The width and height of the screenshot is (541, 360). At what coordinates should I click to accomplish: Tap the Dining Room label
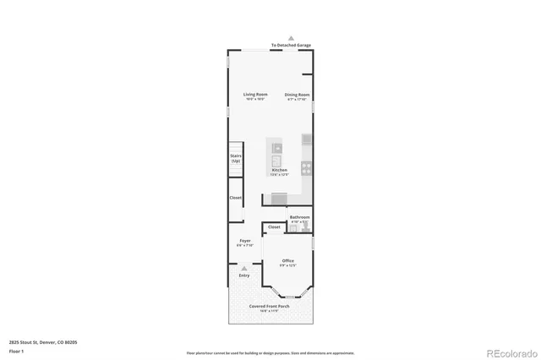[x=297, y=94]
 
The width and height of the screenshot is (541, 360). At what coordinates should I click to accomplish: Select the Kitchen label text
[x=279, y=170]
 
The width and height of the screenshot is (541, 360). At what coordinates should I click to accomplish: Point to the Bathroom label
[x=300, y=217]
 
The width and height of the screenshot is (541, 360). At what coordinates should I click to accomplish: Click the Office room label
[x=287, y=260]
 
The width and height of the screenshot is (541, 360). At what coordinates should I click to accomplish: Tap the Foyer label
[x=244, y=241]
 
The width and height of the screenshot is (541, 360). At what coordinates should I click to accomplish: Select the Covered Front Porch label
[x=270, y=306]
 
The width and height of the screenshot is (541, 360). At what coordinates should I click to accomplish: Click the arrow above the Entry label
[x=244, y=268]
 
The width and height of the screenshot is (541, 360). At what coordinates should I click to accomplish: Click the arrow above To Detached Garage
[x=291, y=38]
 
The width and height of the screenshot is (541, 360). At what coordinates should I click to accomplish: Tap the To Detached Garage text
[x=291, y=46]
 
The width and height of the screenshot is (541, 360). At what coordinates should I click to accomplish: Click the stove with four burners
[x=307, y=166]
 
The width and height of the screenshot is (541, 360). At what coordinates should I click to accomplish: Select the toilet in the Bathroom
[x=305, y=227]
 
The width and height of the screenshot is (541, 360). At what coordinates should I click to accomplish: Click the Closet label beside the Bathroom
[x=274, y=226]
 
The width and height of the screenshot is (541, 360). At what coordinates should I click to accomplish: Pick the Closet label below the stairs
[x=236, y=198]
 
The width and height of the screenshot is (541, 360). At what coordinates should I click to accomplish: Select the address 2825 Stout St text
[x=43, y=341]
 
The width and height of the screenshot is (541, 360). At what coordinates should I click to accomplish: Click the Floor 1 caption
[x=16, y=350]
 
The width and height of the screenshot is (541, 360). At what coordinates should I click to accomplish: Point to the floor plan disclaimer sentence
[x=270, y=353]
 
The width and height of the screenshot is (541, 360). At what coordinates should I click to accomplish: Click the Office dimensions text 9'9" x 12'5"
[x=287, y=265]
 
